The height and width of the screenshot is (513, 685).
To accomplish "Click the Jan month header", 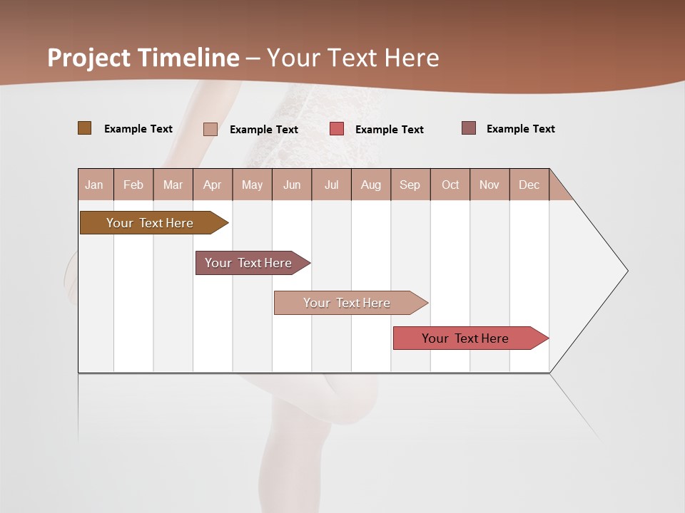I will (94, 185).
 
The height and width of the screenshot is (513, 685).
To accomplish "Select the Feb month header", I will (133, 185).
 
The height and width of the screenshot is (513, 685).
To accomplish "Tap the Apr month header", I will (212, 185).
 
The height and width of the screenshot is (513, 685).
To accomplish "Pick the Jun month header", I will (292, 185).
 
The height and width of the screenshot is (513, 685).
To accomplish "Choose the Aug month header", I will (370, 185).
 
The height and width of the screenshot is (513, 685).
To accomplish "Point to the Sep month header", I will (410, 185).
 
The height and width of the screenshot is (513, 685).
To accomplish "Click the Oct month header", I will (450, 185).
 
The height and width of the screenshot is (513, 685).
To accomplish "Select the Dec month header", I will (529, 185).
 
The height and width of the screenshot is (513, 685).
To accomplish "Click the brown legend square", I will (84, 128).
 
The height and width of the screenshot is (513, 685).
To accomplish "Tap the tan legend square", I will (210, 129).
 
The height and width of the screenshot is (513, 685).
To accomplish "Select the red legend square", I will (337, 129).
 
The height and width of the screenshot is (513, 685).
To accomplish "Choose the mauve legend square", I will (468, 128).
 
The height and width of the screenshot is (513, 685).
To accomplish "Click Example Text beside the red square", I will (389, 129).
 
